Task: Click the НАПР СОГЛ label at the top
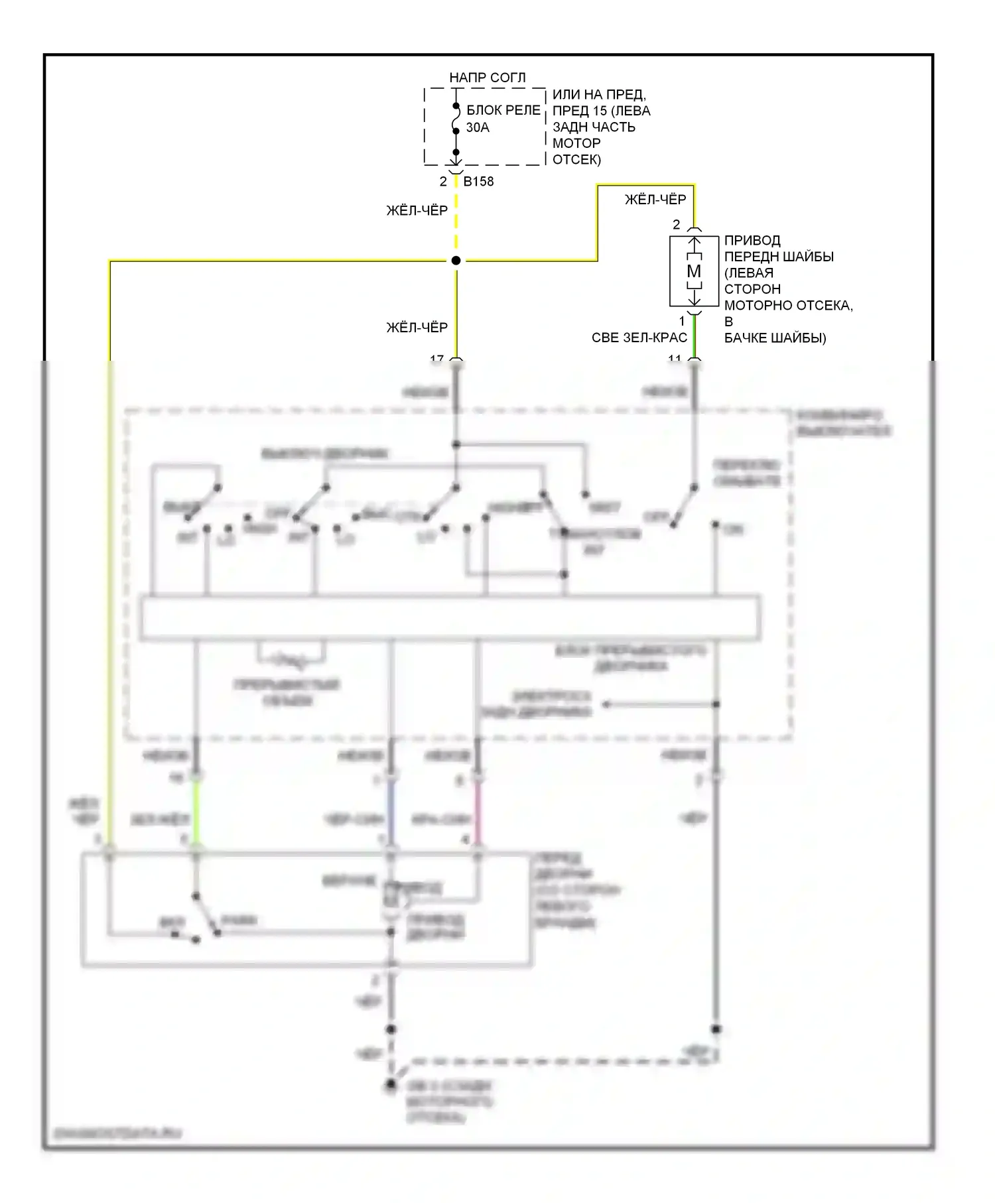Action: (x=487, y=78)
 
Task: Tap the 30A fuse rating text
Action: (x=478, y=127)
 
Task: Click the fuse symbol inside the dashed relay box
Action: (x=456, y=119)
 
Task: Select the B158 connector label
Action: (x=478, y=181)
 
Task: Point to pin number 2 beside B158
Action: (x=443, y=181)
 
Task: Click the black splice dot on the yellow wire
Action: (x=456, y=261)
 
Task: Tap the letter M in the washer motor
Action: (x=694, y=271)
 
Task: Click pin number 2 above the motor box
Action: (x=676, y=224)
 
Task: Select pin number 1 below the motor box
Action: (x=682, y=322)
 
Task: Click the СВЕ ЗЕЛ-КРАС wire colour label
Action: (x=639, y=338)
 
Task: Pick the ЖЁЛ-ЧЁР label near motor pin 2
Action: (x=655, y=199)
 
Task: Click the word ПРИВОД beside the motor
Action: (x=752, y=240)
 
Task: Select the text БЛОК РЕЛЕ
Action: (x=503, y=110)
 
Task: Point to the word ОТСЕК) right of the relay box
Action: (x=576, y=159)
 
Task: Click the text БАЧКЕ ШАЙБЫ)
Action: (x=775, y=338)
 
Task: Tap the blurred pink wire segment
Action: (x=478, y=812)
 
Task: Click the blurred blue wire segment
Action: (x=391, y=812)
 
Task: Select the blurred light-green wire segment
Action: (x=196, y=812)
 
